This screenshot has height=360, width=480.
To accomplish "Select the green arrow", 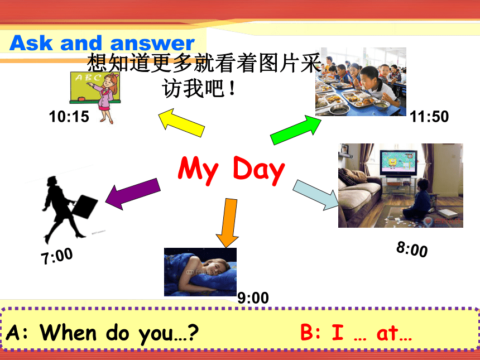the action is pyautogui.click(x=296, y=130).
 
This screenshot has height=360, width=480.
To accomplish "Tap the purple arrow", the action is pyautogui.click(x=133, y=194).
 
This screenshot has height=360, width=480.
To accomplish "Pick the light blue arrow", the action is pyautogui.click(x=315, y=195).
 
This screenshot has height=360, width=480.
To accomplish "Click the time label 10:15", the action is pyautogui.click(x=69, y=117).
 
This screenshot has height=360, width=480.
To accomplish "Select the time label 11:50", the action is pyautogui.click(x=429, y=117).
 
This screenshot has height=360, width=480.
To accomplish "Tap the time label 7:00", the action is pyautogui.click(x=57, y=256).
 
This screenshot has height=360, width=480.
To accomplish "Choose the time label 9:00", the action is pyautogui.click(x=253, y=298).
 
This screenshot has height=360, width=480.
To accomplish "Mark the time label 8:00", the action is pyautogui.click(x=412, y=249).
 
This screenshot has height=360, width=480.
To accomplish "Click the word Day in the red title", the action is pyautogui.click(x=259, y=170).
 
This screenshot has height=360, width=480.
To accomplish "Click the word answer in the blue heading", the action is pyautogui.click(x=152, y=44).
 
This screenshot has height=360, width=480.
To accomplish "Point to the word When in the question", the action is pyautogui.click(x=68, y=332).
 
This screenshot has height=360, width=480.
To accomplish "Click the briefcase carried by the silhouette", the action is pyautogui.click(x=84, y=207).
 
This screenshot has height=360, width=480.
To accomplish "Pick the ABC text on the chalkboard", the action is pyautogui.click(x=88, y=78).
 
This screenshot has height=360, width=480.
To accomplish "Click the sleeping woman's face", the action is pyautogui.click(x=212, y=266).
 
